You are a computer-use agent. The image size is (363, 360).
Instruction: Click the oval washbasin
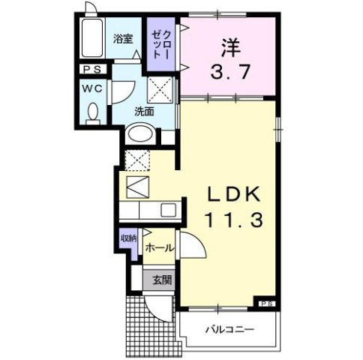[x=139, y=135]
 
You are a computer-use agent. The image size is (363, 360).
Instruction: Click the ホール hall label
[x=159, y=247]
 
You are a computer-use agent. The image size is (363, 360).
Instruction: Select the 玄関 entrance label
[x=162, y=281]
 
